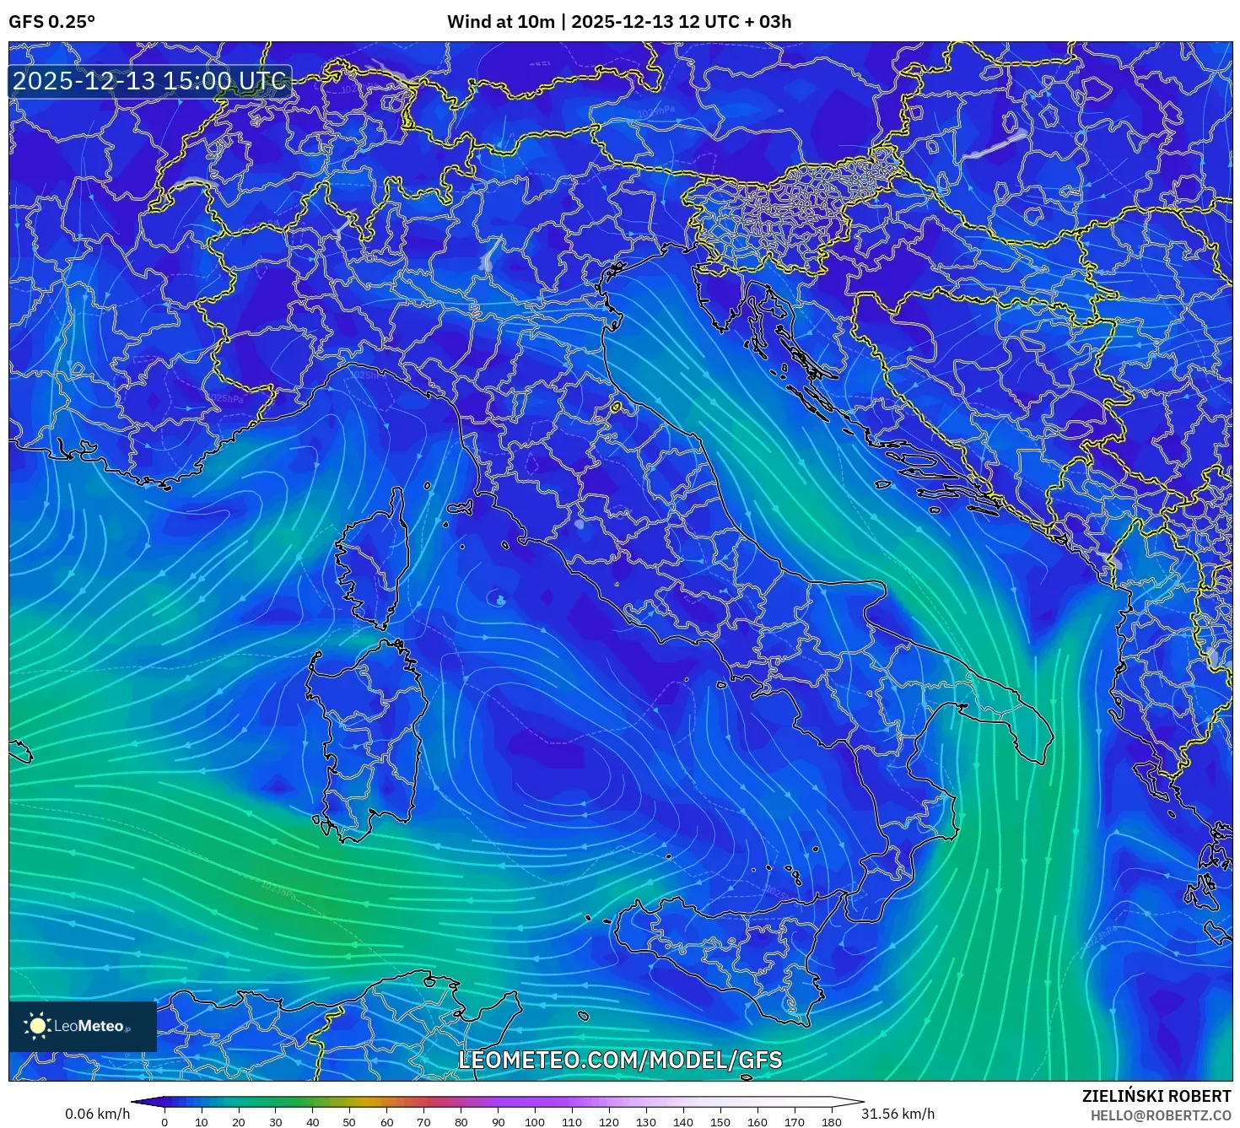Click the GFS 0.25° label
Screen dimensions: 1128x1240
pos(51,22)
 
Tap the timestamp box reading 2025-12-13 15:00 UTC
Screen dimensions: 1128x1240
pos(149,81)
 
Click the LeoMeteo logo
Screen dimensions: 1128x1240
pos(83,1026)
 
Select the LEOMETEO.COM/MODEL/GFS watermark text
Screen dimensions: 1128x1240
pos(620,1060)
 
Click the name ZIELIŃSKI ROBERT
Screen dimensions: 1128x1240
pos(1156,1096)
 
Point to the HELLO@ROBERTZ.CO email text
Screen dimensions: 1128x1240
pos(1161,1115)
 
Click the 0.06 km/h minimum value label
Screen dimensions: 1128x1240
pos(97,1114)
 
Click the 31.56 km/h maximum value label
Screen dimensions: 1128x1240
pos(898,1114)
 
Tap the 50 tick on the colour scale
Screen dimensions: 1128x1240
pos(349,1122)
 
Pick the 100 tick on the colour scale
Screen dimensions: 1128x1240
pos(535,1122)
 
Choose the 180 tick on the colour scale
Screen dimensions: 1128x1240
pos(832,1122)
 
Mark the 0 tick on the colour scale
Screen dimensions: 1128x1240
pos(164,1122)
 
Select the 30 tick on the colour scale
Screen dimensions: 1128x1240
pos(276,1122)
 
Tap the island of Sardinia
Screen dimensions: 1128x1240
pos(367,734)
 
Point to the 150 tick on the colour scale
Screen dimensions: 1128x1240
pos(720,1122)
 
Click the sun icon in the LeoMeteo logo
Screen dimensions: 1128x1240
pos(37,1026)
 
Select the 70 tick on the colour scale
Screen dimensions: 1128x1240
pos(423,1122)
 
